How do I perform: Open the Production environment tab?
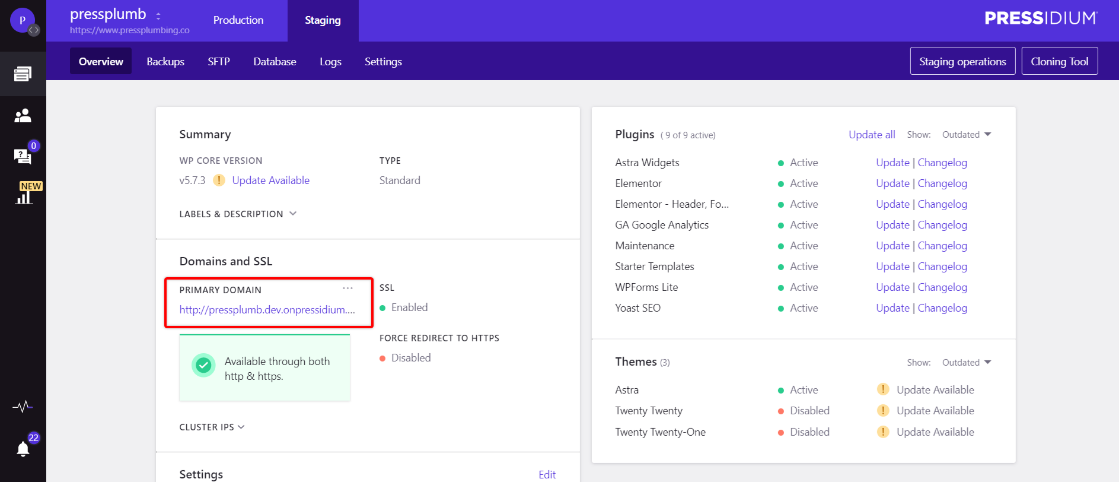point(238,20)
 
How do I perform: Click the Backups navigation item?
point(165,62)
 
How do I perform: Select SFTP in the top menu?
point(219,62)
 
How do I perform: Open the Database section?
point(275,62)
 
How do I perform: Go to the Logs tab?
point(330,62)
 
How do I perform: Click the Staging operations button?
point(962,61)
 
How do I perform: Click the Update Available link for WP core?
point(270,180)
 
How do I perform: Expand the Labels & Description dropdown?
point(238,214)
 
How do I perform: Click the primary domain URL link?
point(267,310)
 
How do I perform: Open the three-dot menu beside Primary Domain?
point(348,288)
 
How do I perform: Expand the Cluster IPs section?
point(212,427)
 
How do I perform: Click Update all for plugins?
point(872,135)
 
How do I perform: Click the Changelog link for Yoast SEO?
point(942,308)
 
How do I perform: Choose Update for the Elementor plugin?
point(892,183)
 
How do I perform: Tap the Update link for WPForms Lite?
point(892,287)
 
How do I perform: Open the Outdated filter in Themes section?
point(966,363)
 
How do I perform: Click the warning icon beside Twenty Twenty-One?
point(883,432)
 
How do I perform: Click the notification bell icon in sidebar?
point(23,449)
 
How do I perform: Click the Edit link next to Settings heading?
point(547,474)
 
